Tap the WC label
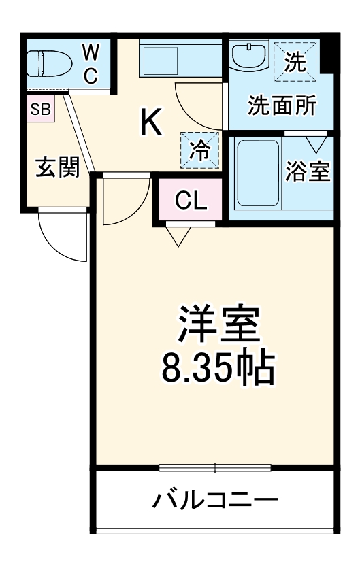click(x=91, y=63)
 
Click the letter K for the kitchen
click(x=151, y=122)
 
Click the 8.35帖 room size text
click(x=218, y=368)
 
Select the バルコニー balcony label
click(x=215, y=501)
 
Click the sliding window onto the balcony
click(x=215, y=467)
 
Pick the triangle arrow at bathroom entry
click(x=315, y=144)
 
